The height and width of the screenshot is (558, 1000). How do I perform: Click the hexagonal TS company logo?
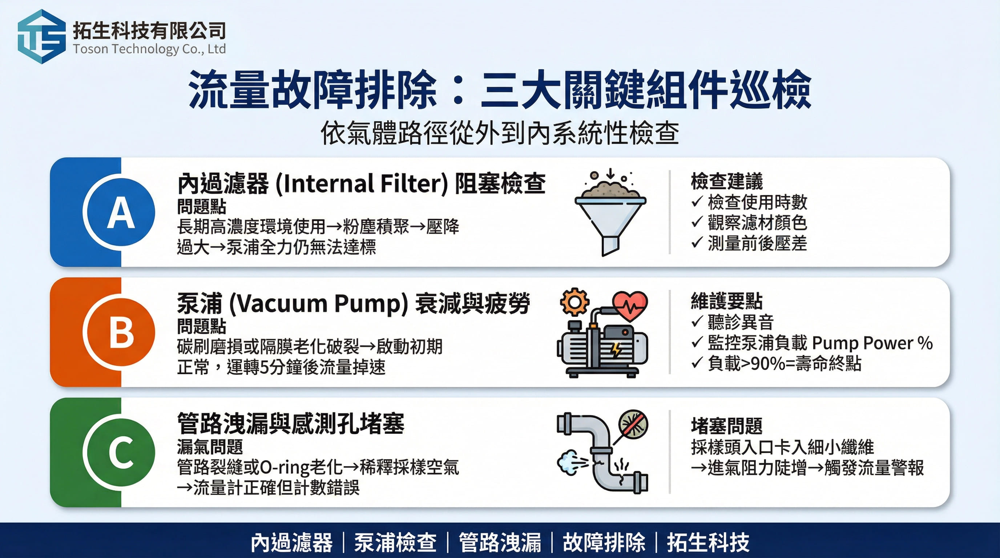[x=41, y=36]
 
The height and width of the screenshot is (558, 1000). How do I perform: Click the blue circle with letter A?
[x=119, y=212]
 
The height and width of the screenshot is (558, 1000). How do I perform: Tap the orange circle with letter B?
[x=119, y=332]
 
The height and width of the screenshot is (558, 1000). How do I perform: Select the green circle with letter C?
[x=119, y=452]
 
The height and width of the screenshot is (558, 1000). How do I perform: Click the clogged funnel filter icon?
[x=610, y=213]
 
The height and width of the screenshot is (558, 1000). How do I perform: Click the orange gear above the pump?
[x=574, y=302]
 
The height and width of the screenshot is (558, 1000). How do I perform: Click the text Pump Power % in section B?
[x=872, y=343]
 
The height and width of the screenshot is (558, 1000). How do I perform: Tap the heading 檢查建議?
[x=727, y=181]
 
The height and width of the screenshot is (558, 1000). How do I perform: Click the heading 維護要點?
[x=727, y=301]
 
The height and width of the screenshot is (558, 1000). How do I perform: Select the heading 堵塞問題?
[x=727, y=426]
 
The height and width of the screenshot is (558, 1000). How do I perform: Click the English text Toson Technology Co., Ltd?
[x=149, y=49]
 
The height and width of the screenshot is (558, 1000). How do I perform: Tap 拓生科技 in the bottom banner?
[x=708, y=542]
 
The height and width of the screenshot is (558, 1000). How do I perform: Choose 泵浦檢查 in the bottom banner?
[x=395, y=542]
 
